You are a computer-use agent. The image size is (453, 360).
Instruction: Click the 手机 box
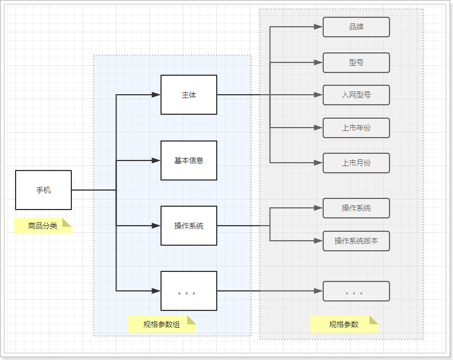[x=43, y=190]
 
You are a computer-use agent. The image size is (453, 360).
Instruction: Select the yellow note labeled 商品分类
[x=43, y=226]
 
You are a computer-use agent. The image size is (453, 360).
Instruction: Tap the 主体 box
[x=189, y=95]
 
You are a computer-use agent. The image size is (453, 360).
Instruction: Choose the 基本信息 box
[x=189, y=160]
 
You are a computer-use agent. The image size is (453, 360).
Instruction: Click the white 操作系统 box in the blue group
[x=189, y=226]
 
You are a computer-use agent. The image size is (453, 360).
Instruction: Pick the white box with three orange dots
[x=189, y=291]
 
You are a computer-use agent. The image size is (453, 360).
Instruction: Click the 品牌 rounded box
[x=356, y=27]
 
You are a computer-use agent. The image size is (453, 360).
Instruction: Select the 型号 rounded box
[x=356, y=62]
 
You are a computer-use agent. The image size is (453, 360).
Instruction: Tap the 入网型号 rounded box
[x=356, y=95]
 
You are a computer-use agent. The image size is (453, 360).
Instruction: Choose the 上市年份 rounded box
[x=356, y=128]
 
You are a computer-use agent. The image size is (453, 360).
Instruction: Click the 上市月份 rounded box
[x=356, y=163]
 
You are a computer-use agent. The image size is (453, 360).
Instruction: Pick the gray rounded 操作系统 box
[x=356, y=208]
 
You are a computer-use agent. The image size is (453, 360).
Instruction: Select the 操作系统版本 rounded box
[x=356, y=241]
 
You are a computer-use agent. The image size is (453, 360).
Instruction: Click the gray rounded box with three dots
[x=356, y=291]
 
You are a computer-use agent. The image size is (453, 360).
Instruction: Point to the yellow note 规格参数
[x=344, y=324]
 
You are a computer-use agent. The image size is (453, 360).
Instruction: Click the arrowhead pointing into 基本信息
[x=156, y=160]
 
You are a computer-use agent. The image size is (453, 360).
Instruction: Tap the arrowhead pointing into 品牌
[x=318, y=27]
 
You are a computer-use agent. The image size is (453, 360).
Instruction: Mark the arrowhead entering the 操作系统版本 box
[x=318, y=241]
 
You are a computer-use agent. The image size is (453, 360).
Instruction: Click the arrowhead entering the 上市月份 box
[x=318, y=163]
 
